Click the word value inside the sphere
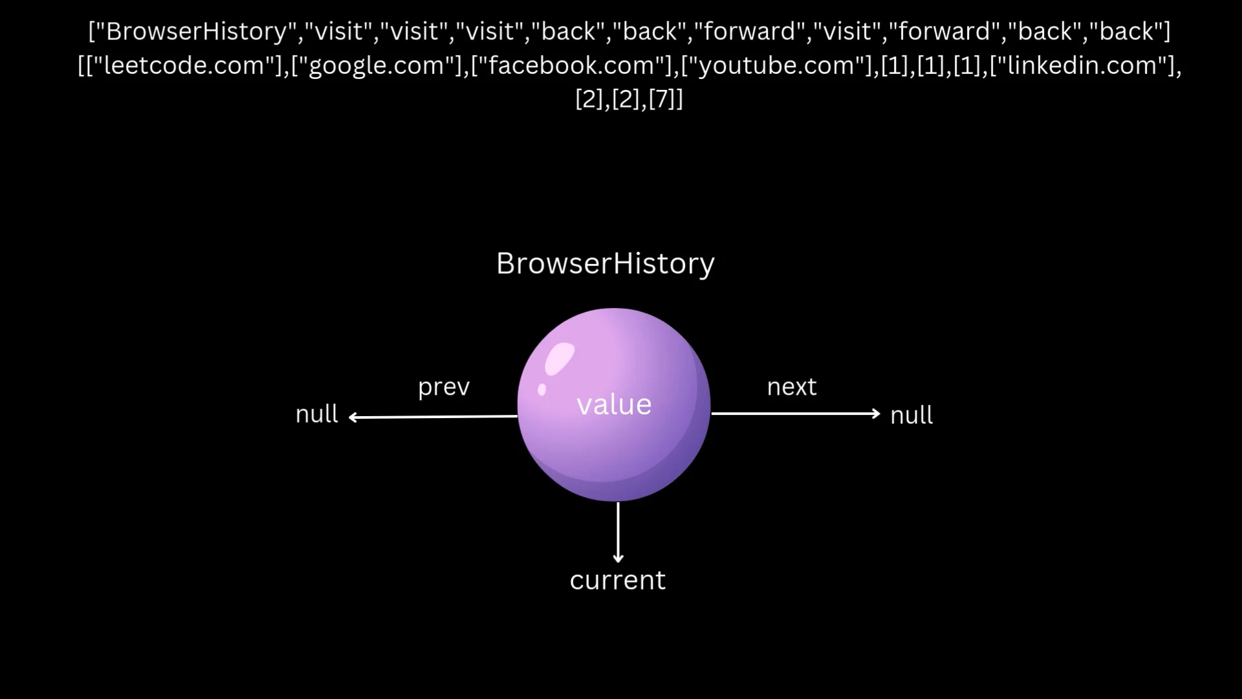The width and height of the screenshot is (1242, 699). pyautogui.click(x=614, y=405)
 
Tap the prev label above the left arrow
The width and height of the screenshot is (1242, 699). pyautogui.click(x=444, y=387)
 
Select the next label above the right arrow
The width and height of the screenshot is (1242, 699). pyautogui.click(x=792, y=387)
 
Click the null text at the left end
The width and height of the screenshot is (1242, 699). pyautogui.click(x=316, y=414)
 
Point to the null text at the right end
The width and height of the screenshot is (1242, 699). pyautogui.click(x=911, y=415)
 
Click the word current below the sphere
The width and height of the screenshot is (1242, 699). pyautogui.click(x=618, y=580)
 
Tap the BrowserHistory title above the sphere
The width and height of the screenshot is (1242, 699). pyautogui.click(x=605, y=263)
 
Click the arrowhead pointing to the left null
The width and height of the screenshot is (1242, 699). pyautogui.click(x=353, y=417)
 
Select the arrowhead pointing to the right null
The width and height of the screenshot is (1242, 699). pyautogui.click(x=877, y=413)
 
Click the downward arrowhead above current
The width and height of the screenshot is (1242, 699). pyautogui.click(x=618, y=557)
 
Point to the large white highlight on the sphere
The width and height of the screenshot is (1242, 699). pyautogui.click(x=560, y=359)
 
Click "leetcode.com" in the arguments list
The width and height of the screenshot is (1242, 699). pyautogui.click(x=184, y=65)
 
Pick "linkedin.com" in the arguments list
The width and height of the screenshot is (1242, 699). pyautogui.click(x=1082, y=65)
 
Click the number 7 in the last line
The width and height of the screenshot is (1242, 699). pyautogui.click(x=662, y=99)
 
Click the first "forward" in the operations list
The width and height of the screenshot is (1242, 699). pyautogui.click(x=749, y=31)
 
